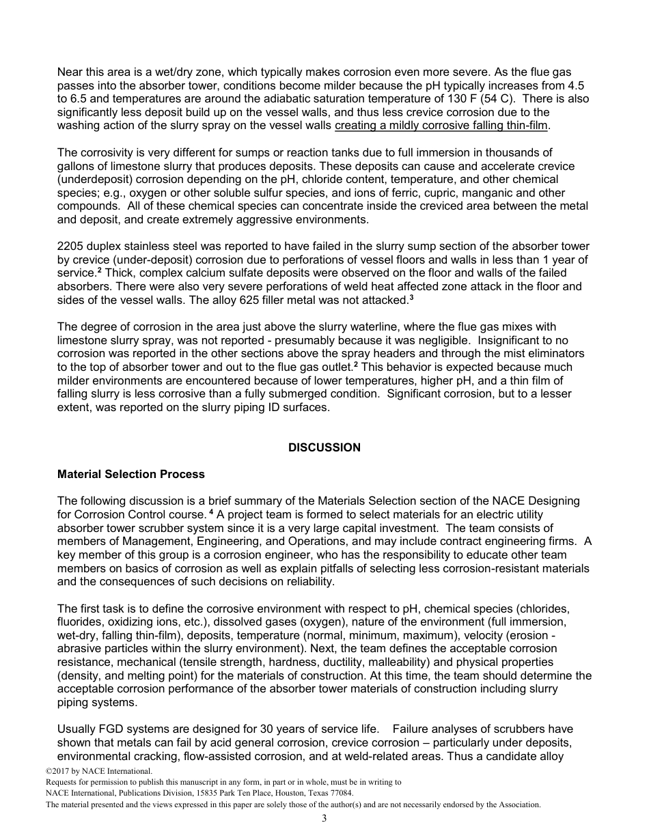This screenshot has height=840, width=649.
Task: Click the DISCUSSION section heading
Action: pos(324,448)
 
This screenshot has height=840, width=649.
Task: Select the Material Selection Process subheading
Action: pos(131,474)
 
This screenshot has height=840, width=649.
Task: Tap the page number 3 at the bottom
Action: pos(324,819)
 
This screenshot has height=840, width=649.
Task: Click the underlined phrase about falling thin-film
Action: pos(441,126)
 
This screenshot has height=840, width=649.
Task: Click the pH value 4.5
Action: pos(576,85)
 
